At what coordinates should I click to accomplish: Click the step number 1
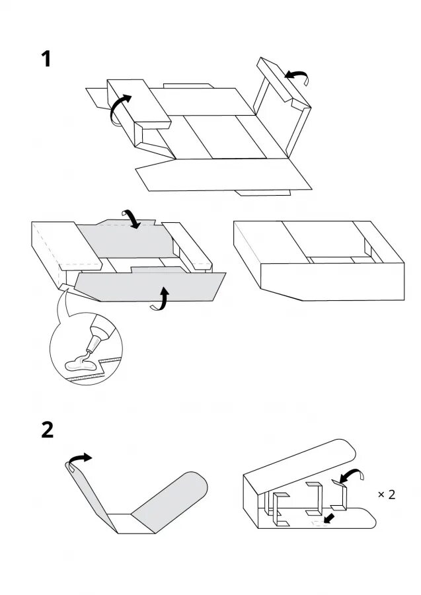[46, 59]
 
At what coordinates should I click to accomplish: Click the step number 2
[47, 430]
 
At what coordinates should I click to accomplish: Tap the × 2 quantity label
[386, 494]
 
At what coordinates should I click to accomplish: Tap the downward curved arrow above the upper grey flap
[133, 218]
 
